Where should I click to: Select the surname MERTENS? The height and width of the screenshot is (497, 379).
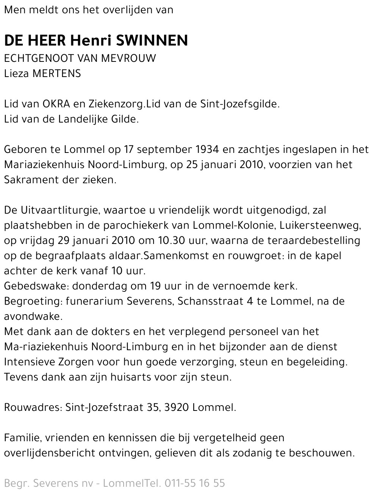[x=57, y=74]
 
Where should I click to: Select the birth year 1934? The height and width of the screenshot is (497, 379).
[x=208, y=149]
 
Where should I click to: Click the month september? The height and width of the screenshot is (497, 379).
[x=165, y=149]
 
